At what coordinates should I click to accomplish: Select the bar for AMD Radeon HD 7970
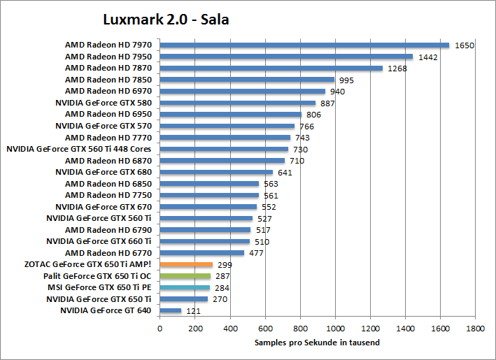[304, 45]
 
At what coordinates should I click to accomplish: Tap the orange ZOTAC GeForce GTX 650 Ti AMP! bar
[186, 265]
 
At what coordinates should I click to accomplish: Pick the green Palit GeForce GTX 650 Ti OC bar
[185, 276]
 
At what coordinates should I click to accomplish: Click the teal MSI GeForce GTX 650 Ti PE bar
[185, 287]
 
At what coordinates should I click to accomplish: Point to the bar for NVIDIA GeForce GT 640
[170, 310]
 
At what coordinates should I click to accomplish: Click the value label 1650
[465, 45]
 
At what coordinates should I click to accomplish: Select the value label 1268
[397, 69]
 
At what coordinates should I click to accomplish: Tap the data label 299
[225, 265]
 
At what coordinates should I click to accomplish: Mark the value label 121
[193, 310]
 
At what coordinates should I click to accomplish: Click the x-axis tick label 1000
[335, 328]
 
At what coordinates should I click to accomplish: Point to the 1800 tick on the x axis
[476, 328]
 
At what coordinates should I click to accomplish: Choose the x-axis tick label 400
[229, 328]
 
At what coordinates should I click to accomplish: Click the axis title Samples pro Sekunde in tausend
[318, 343]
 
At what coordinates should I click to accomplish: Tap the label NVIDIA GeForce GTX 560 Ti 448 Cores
[79, 149]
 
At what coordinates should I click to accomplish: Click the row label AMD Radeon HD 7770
[108, 138]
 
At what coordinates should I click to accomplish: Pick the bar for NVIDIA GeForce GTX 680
[216, 172]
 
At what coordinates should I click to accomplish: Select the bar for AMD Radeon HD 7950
[286, 57]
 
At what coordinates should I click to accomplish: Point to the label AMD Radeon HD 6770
[108, 253]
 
